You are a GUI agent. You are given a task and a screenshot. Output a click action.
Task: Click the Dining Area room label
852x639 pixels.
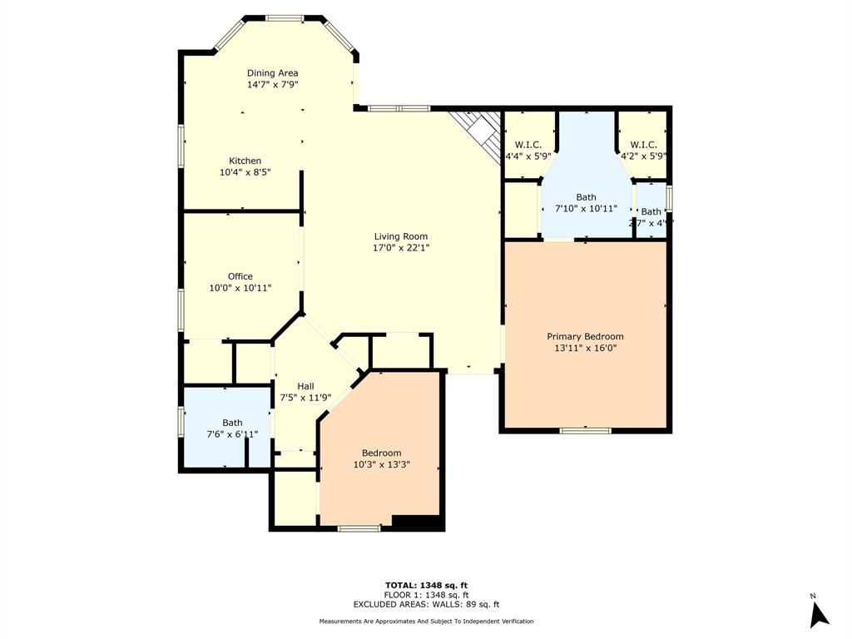click(272, 73)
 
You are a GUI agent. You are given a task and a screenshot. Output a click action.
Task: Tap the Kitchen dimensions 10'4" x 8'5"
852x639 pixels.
click(245, 172)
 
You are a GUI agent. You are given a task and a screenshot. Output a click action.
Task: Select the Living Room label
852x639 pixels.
click(400, 236)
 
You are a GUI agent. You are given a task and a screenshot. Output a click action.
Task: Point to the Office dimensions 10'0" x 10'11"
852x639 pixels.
click(240, 288)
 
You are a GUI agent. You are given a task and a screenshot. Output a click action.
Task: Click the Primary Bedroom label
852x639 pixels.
click(585, 336)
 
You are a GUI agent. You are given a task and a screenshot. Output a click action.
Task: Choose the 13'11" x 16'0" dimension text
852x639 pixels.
click(585, 348)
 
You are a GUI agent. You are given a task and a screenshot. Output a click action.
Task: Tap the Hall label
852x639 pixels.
click(305, 386)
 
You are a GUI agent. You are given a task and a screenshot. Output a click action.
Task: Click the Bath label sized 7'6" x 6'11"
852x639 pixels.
click(232, 423)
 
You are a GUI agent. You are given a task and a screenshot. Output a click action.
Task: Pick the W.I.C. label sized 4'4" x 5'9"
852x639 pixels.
click(528, 145)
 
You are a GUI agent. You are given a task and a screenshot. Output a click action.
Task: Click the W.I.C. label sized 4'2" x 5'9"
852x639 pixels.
click(643, 145)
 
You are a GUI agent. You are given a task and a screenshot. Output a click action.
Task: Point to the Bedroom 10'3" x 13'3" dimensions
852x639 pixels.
click(381, 465)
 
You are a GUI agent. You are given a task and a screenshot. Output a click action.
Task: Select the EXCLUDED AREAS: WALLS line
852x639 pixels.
click(426, 605)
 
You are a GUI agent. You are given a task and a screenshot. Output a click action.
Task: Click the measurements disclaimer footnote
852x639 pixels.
click(426, 622)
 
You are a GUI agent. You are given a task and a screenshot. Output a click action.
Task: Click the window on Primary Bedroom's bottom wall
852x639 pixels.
click(585, 430)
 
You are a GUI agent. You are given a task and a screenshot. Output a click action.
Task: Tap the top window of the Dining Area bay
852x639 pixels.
click(285, 17)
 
